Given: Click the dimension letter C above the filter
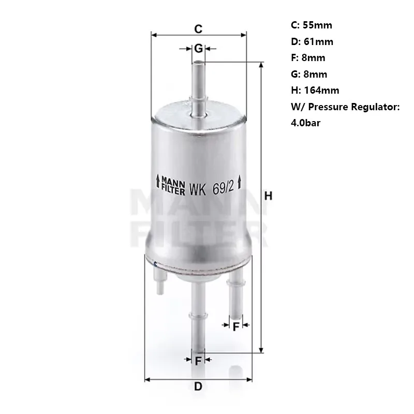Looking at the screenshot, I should pos(198,27).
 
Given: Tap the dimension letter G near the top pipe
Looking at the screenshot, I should pos(198,49).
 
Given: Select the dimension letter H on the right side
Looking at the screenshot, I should pos(268,196).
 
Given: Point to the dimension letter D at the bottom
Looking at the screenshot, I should pos(198,386).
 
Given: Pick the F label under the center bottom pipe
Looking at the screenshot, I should pos(198,361).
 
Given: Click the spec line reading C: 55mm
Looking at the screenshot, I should pos(312,25).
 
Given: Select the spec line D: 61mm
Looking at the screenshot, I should pos(313,41).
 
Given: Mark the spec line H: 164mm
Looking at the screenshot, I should pos(316,91).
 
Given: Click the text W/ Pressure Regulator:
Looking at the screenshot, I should pos(346,107).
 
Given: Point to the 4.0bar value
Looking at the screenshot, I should pos(308,124).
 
